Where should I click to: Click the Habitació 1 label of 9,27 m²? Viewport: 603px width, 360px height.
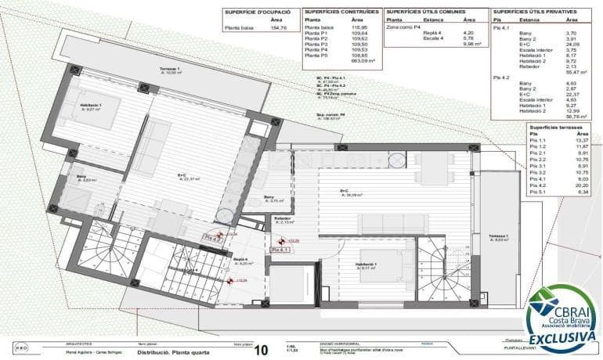point(93,106)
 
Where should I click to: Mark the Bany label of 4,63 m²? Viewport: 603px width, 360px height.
point(82,178)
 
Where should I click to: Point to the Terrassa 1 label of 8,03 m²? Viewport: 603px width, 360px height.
point(497,237)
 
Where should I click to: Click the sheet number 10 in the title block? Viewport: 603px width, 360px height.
point(262,349)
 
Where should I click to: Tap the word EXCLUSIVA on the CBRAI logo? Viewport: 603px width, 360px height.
point(560,337)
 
